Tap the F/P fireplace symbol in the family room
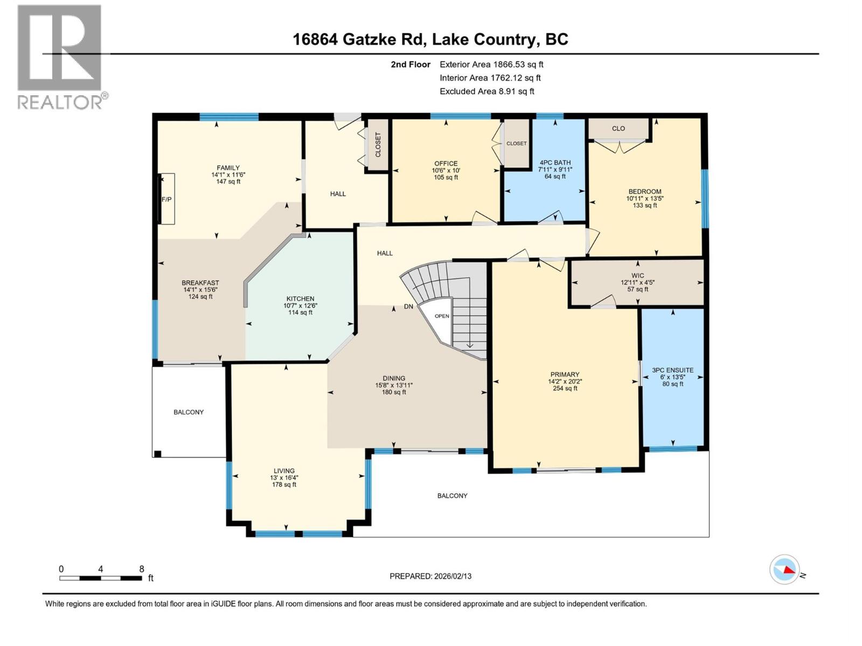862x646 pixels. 166,199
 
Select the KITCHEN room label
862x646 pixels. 300,299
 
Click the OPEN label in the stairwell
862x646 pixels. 442,316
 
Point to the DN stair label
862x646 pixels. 408,306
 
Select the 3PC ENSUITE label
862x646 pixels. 672,370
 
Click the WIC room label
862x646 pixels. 637,276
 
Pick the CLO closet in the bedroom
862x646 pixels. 618,129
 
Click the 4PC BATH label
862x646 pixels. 555,163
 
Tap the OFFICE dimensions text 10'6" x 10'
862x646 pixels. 446,171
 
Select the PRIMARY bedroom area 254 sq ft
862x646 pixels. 565,388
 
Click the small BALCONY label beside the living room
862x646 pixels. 189,412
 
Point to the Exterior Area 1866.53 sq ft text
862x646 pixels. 491,65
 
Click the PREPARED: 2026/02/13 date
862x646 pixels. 430,576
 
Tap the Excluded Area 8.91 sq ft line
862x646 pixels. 486,92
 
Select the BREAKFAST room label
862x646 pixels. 200,283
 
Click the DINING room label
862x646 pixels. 394,378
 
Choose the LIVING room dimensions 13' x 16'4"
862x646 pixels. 284,478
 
